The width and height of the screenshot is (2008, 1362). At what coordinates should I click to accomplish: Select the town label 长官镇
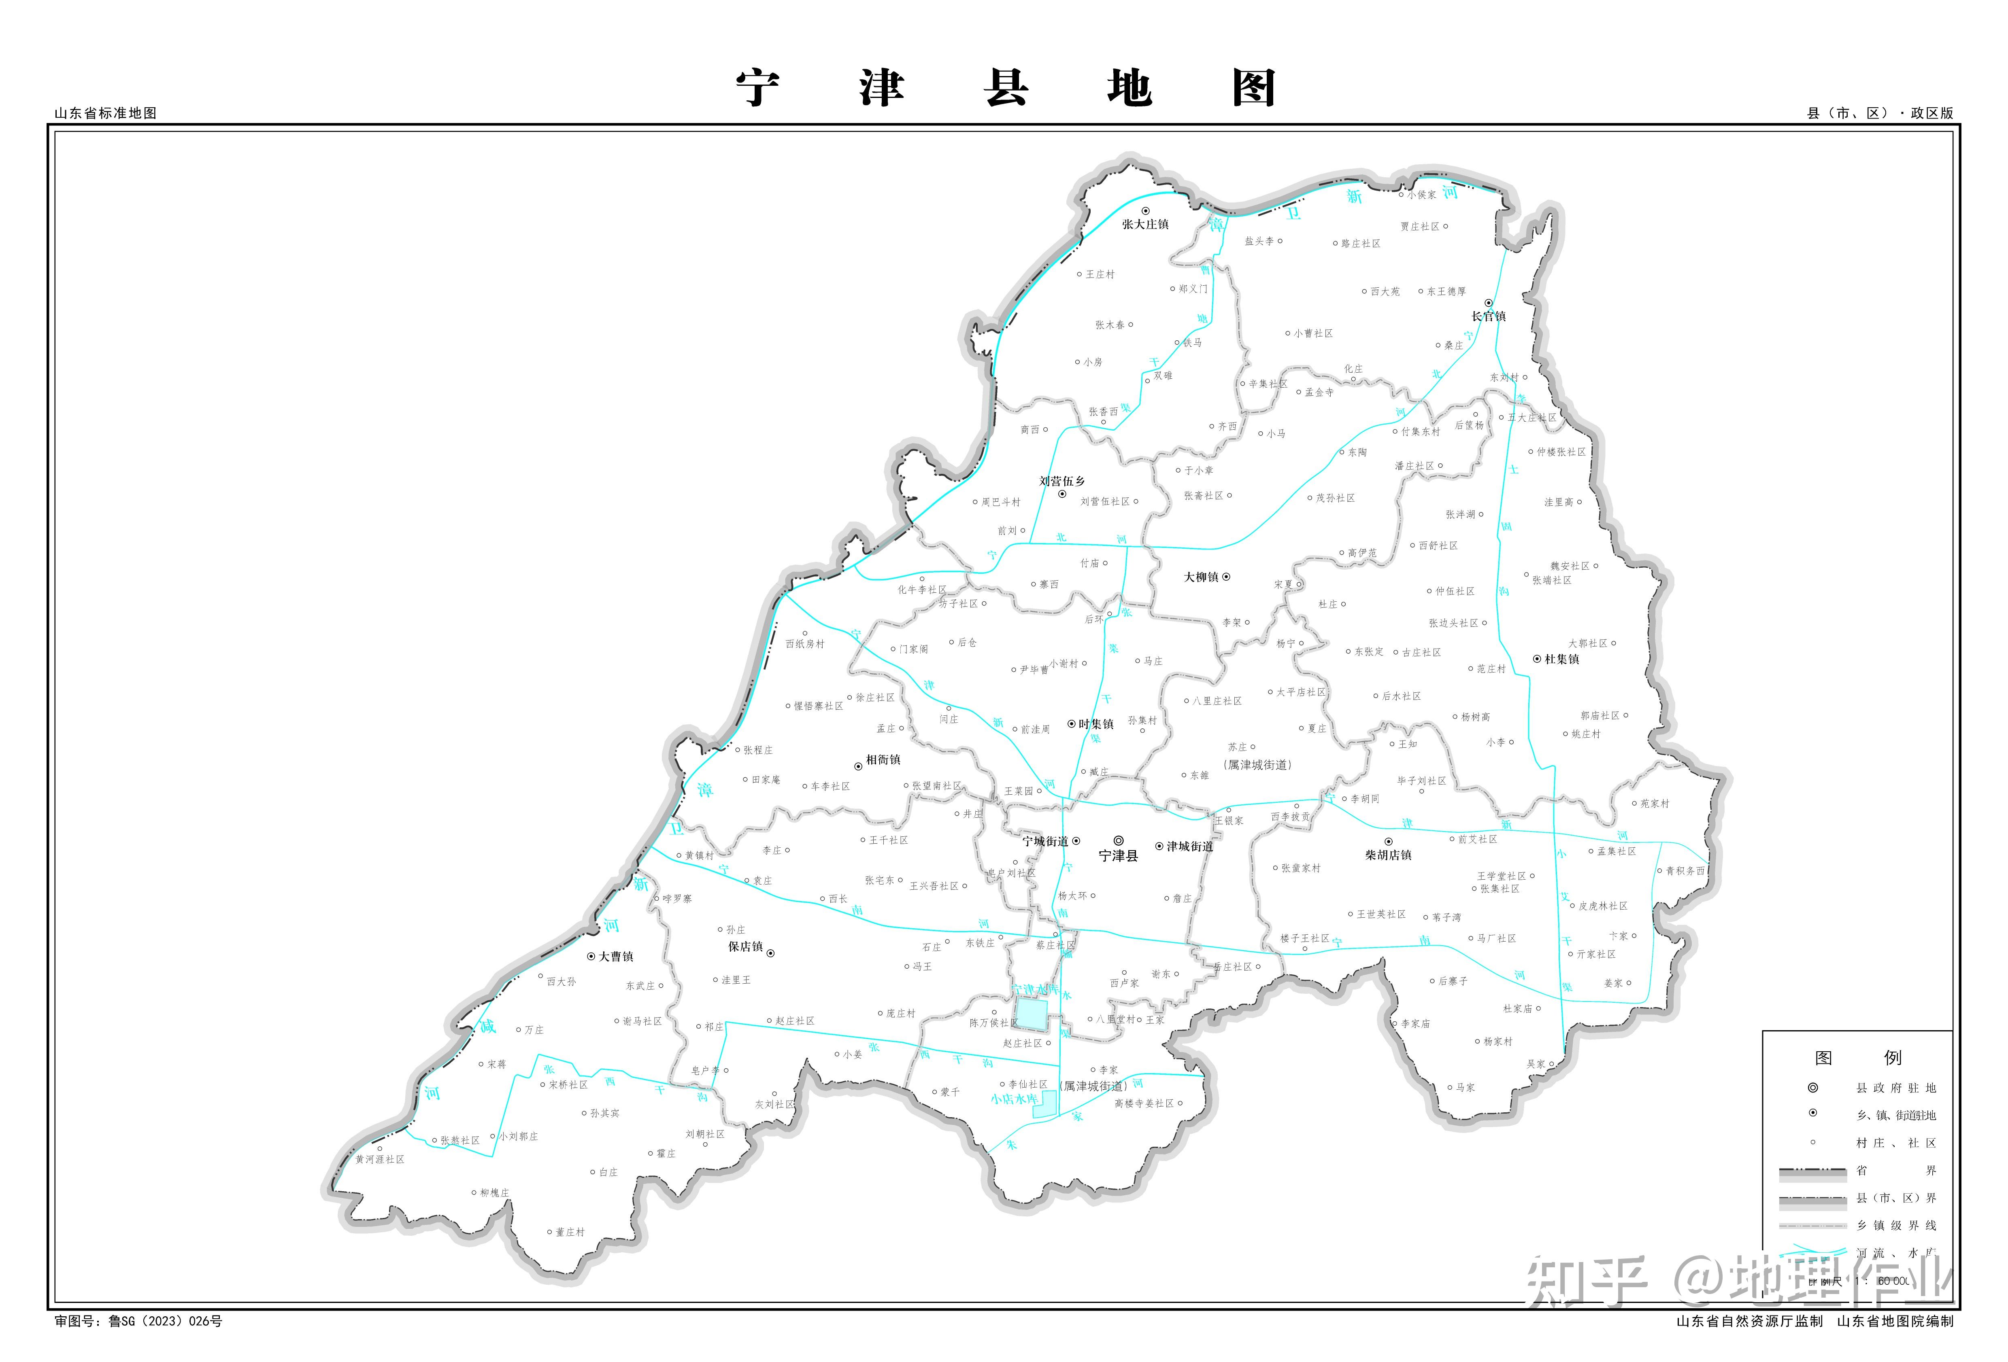pos(1488,316)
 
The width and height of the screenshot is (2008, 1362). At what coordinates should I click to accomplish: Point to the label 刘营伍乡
pos(1062,481)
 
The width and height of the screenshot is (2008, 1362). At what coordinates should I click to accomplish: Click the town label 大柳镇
pos(1201,577)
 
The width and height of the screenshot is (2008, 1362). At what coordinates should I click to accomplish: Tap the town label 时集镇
pos(1095,724)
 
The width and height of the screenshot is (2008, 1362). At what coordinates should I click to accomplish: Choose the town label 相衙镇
pos(883,759)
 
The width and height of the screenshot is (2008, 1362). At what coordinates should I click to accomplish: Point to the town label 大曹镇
pos(616,956)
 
